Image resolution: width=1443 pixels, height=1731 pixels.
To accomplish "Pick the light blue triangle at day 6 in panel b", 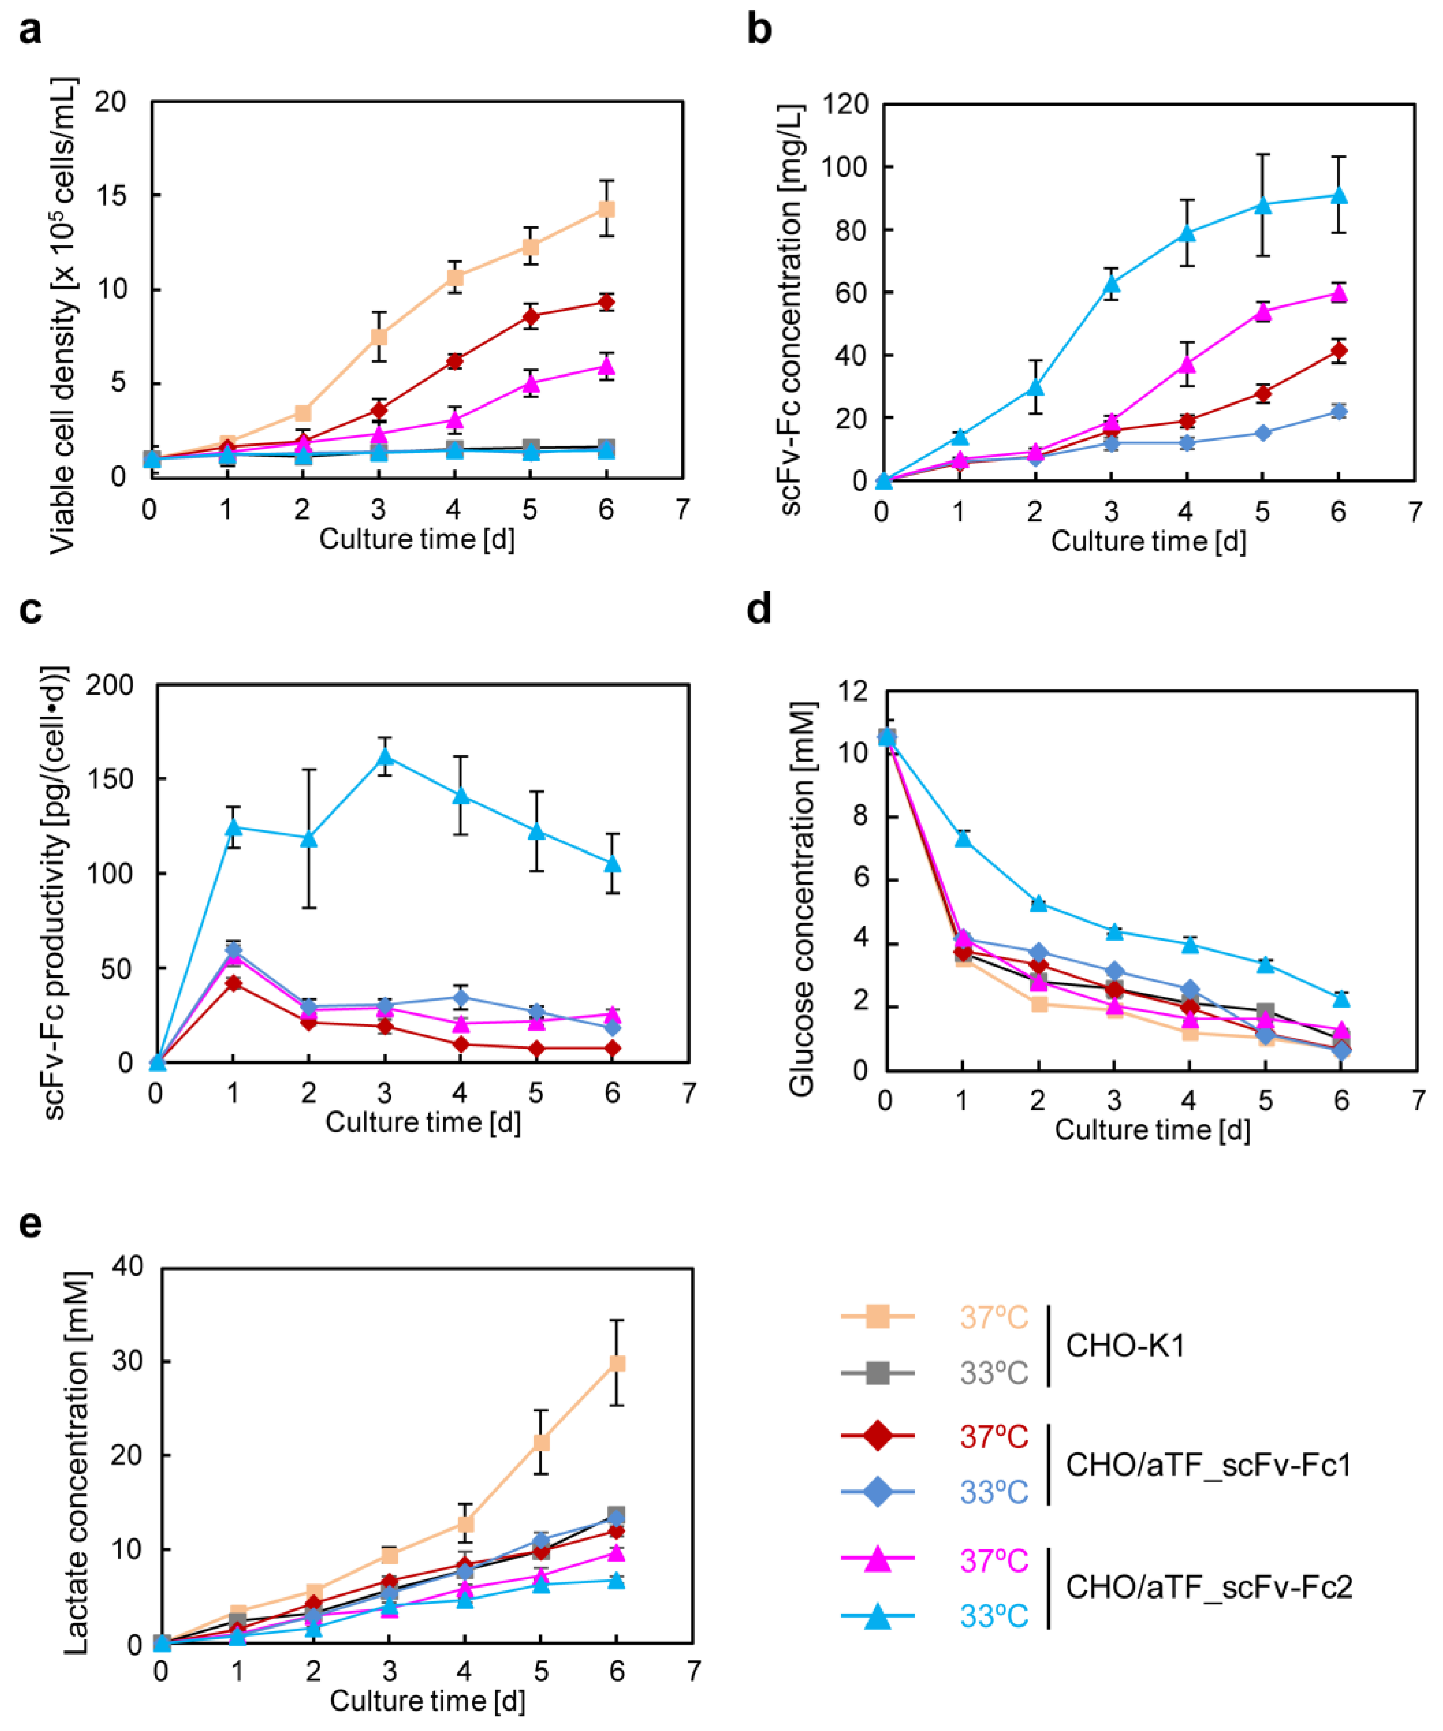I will pos(1338,195).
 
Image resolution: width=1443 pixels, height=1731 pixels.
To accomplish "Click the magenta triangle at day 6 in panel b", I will pos(1338,293).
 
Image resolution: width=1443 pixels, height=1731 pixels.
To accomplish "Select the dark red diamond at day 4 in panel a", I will pos(454,360).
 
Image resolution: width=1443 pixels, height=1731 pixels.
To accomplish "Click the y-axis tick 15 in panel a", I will pos(111,195).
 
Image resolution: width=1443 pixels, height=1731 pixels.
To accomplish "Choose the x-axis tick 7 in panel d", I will pos(1418,1100).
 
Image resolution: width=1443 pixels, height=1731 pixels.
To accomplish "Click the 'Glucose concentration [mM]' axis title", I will pos(802,898).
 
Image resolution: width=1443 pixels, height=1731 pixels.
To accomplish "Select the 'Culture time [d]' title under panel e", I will pos(427,1700).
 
